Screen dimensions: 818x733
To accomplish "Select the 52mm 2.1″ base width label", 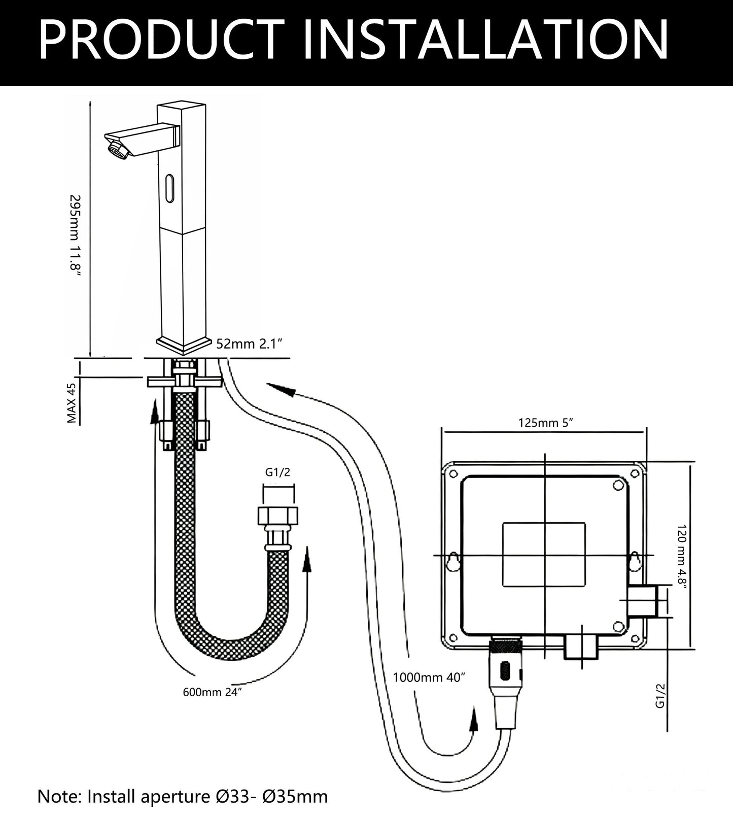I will coord(249,344).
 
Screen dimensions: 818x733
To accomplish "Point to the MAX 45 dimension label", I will coord(72,403).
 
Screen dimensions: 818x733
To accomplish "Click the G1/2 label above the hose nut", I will coord(278,472).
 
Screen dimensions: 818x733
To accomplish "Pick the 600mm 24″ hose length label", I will coord(212,693).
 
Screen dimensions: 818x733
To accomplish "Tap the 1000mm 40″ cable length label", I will coord(429,677).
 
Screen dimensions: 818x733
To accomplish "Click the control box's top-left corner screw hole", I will coord(449,474).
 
